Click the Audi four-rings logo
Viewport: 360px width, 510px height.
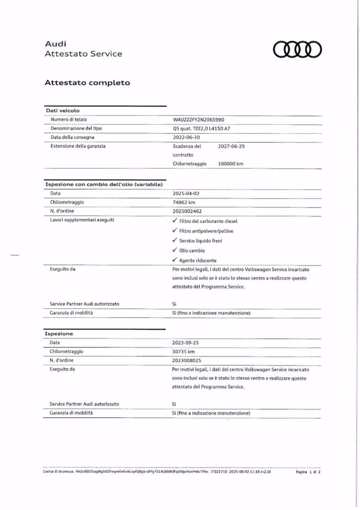coord(298,49)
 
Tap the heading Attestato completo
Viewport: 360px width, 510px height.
coord(87,83)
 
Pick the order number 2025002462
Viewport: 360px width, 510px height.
coord(188,212)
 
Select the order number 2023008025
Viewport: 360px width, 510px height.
coord(188,360)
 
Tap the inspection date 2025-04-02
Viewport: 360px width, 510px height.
coord(186,194)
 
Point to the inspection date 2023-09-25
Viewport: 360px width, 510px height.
coord(186,343)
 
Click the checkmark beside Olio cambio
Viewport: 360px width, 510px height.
coord(175,251)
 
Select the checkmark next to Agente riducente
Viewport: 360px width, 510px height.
coord(175,260)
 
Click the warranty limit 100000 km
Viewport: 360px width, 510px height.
coord(231,164)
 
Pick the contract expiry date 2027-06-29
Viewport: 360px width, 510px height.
coord(232,146)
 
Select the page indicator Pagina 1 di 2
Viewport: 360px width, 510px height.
coord(308,471)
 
